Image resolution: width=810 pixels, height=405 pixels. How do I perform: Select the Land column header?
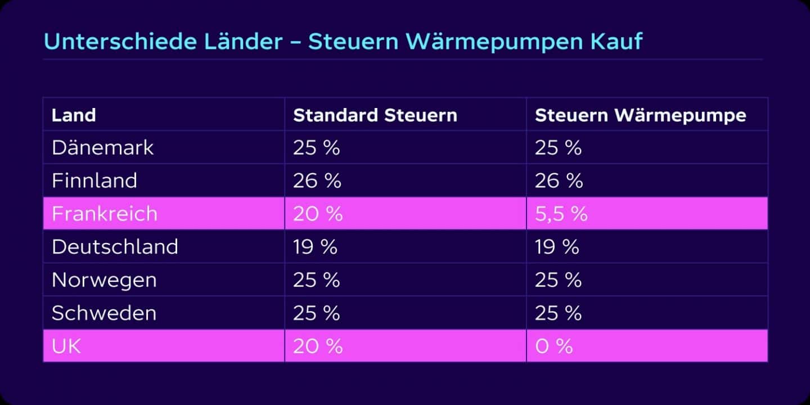coord(74,115)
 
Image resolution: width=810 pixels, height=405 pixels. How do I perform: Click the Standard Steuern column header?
coord(375,115)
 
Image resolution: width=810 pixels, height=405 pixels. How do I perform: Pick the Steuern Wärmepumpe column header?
coord(640,115)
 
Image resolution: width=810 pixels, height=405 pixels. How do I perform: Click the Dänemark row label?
coord(102,148)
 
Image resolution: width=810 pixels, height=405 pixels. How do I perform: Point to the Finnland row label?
coord(94,181)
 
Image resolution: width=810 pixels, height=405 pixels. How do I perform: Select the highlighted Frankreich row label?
coord(104,214)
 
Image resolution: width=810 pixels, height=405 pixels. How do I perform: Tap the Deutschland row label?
coord(115,247)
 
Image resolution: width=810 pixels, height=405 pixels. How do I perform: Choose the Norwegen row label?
coord(104,280)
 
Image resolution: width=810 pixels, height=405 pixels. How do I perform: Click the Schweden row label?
coord(103,313)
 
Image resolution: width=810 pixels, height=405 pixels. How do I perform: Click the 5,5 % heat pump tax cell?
coord(561,214)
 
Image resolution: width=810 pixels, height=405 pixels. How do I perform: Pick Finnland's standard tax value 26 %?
coord(317,181)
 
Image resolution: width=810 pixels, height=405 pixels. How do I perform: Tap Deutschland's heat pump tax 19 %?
coord(557,247)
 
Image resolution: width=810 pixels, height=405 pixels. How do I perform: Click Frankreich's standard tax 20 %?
coord(318,214)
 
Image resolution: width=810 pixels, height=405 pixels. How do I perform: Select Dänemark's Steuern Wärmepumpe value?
coord(558,148)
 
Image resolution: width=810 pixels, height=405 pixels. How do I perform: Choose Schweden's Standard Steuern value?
coord(317,313)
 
